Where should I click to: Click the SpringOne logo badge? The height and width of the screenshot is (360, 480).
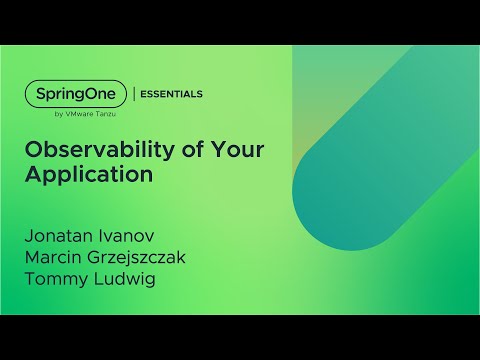(x=75, y=93)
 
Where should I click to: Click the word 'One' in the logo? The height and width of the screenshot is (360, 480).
(x=101, y=93)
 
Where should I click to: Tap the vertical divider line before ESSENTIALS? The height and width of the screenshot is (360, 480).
(x=134, y=94)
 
